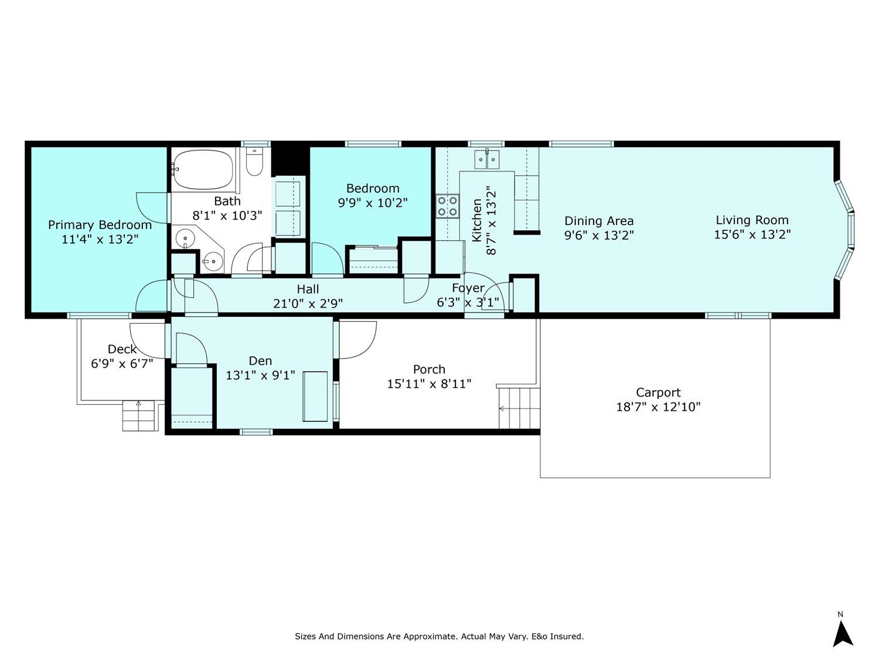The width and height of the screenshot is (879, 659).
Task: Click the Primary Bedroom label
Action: coord(100,225)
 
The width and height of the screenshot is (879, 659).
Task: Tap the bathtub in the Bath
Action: coord(203,170)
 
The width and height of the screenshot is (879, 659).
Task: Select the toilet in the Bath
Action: coord(254,162)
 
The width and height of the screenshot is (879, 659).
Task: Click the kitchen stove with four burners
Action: coord(447,206)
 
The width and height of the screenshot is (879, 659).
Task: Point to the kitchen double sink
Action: coord(487,159)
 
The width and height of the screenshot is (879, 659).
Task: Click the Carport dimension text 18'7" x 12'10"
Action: coord(658,407)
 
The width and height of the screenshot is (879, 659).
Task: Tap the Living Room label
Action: coord(752,220)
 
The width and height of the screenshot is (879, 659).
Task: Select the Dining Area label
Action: coord(599,221)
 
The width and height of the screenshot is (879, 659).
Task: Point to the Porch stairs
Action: coord(519,408)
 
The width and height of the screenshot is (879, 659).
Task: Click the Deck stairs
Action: coord(138,415)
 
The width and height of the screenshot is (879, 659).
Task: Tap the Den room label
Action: coord(260,361)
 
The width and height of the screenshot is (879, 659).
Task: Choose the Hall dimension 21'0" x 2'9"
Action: coord(308,303)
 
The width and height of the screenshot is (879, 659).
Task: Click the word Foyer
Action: coord(468,288)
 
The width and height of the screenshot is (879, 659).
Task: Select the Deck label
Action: coord(122,349)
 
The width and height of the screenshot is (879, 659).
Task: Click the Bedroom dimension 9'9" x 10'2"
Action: coord(373,203)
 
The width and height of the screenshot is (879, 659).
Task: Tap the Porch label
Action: coord(429,369)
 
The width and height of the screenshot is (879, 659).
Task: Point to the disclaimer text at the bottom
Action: coord(439,636)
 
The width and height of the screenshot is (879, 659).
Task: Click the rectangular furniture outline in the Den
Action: coord(315,396)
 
